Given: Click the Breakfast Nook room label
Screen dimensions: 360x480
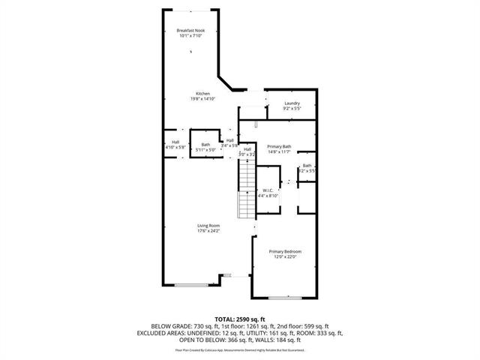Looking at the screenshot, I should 190,30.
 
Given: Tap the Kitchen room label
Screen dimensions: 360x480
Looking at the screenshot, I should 193,94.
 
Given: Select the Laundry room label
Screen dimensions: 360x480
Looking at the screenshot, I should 292,103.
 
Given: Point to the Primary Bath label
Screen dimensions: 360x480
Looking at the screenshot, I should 278,147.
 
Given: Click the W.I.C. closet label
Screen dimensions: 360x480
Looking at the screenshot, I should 268,190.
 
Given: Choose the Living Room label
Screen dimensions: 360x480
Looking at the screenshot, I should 208,226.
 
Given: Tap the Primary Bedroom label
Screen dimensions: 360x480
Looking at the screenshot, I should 286,251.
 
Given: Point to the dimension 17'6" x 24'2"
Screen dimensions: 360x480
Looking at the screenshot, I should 208,230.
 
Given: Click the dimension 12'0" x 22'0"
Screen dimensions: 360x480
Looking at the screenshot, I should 286,256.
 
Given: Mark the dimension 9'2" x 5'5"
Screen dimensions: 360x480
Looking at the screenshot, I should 292,108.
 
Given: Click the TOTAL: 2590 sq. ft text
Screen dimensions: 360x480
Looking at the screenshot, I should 239,319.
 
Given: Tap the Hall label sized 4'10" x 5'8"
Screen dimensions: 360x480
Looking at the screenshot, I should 175,142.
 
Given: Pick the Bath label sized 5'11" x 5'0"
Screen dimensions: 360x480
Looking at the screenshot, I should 205,145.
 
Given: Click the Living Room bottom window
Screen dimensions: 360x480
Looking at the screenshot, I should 193,284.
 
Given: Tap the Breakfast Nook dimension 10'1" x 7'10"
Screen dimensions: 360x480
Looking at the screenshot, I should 190,35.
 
